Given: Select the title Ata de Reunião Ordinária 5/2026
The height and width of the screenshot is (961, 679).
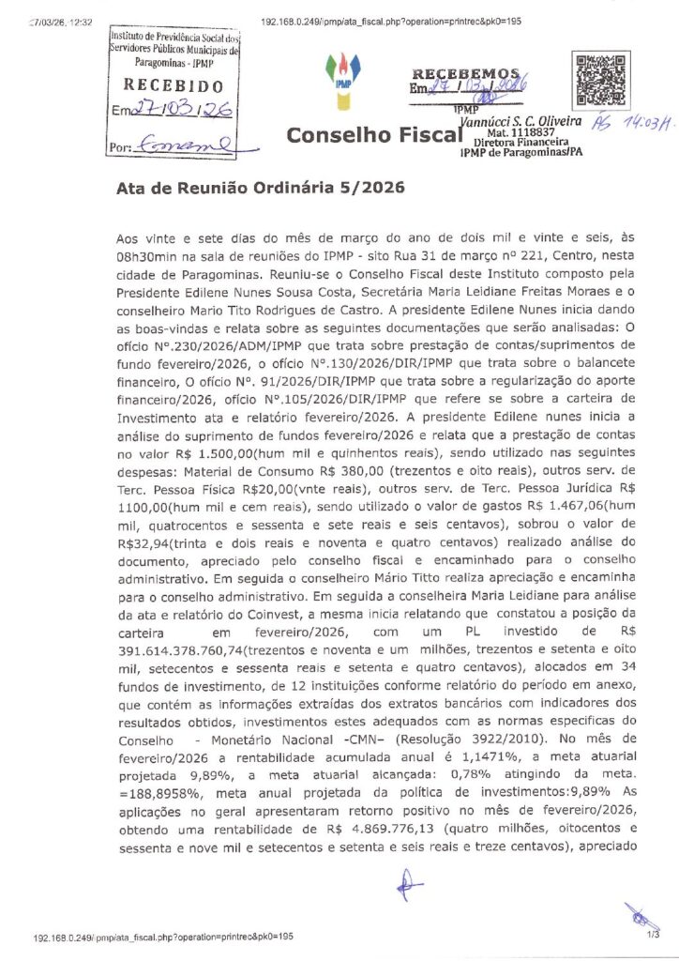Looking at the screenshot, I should [x=260, y=187].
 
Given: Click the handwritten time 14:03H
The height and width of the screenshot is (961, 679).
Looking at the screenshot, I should [x=646, y=123].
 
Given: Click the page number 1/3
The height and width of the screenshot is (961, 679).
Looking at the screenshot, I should [x=653, y=934].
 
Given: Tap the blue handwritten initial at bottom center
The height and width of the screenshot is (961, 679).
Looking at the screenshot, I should [x=406, y=884].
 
